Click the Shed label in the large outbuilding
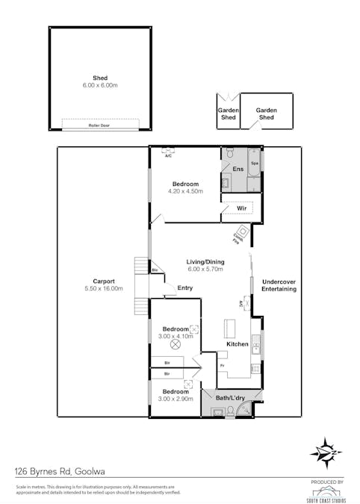tap(99, 78)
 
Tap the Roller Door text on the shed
tap(99, 125)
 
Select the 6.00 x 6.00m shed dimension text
tap(99, 86)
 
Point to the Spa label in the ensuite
tap(254, 163)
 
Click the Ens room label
tap(238, 170)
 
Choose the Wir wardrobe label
tap(242, 208)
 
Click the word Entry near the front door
tap(184, 288)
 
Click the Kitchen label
tap(237, 344)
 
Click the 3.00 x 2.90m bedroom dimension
tap(176, 399)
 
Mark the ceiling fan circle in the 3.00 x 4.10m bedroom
tap(176, 344)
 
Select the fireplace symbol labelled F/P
tap(241, 231)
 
